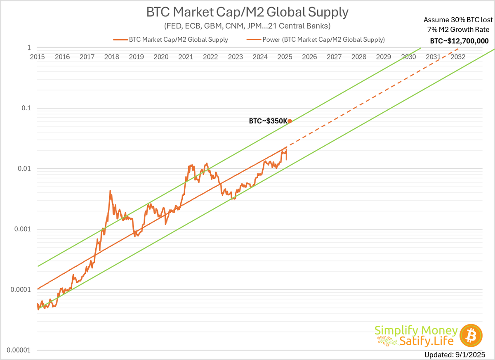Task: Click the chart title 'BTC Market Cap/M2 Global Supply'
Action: click(247, 12)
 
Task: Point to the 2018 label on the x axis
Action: click(112, 57)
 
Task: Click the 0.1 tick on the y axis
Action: click(26, 108)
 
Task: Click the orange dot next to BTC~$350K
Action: click(290, 121)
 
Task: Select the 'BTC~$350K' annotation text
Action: click(267, 121)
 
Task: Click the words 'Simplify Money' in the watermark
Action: click(416, 330)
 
